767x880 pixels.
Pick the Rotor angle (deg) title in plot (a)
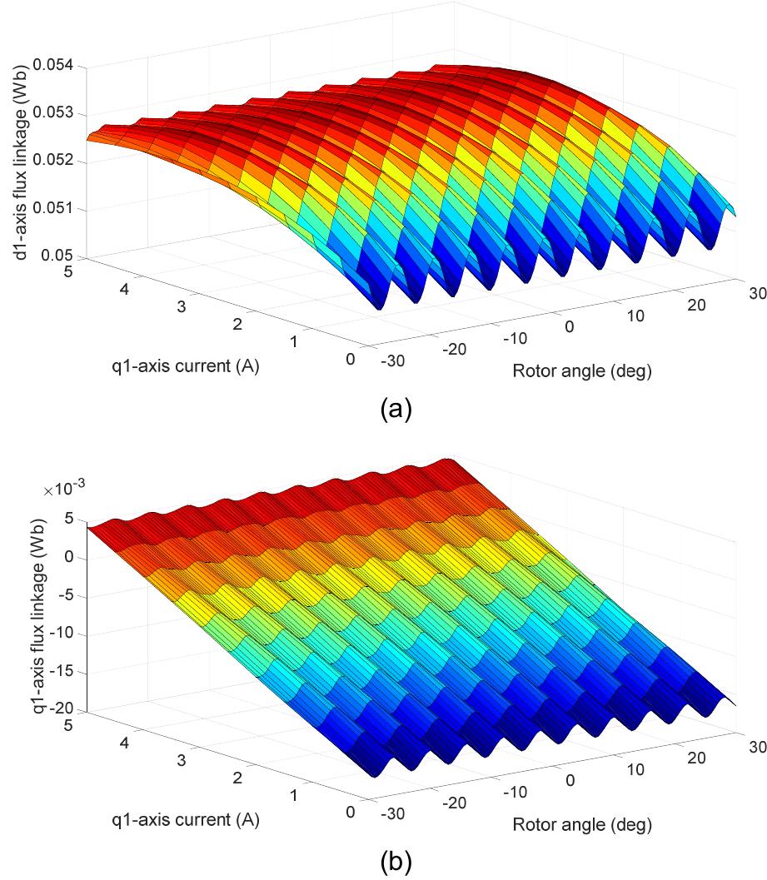(x=581, y=370)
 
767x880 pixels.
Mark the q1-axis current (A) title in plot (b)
(x=185, y=820)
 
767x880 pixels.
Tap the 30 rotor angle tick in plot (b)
(x=756, y=748)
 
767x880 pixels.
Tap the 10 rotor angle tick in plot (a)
(x=635, y=316)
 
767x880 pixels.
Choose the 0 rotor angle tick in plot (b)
(x=570, y=780)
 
